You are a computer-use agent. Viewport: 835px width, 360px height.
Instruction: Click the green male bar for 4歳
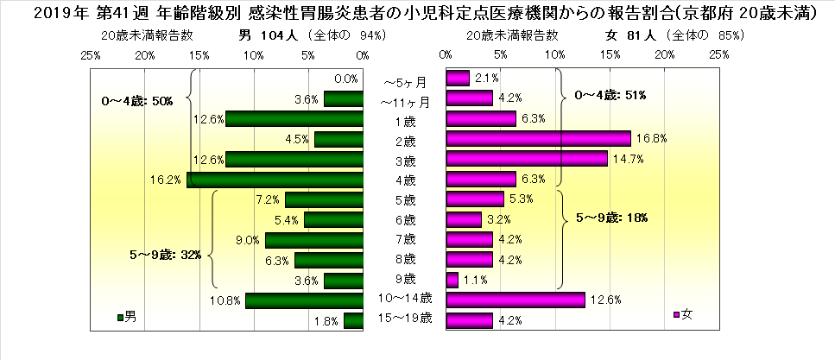click(x=275, y=180)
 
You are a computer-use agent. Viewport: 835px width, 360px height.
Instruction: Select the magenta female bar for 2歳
click(x=538, y=138)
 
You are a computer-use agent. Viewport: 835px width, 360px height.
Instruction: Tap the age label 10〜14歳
click(x=404, y=300)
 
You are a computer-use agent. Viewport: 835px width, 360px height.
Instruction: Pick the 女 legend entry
click(x=682, y=314)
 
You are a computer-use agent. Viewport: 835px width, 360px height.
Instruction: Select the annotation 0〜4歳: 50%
click(x=137, y=101)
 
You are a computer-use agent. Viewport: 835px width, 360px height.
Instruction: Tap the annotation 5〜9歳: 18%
click(x=611, y=218)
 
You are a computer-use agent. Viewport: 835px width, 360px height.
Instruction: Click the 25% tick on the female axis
click(x=719, y=54)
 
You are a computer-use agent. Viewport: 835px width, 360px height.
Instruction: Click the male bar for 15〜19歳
click(x=353, y=320)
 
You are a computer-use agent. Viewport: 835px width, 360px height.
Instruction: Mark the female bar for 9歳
click(x=452, y=280)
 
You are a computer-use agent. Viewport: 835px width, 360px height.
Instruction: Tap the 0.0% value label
click(x=346, y=79)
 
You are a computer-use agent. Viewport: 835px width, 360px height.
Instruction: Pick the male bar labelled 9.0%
click(x=314, y=240)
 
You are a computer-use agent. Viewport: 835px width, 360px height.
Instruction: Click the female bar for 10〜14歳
click(x=515, y=300)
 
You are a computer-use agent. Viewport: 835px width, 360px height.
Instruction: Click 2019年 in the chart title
click(x=34, y=13)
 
